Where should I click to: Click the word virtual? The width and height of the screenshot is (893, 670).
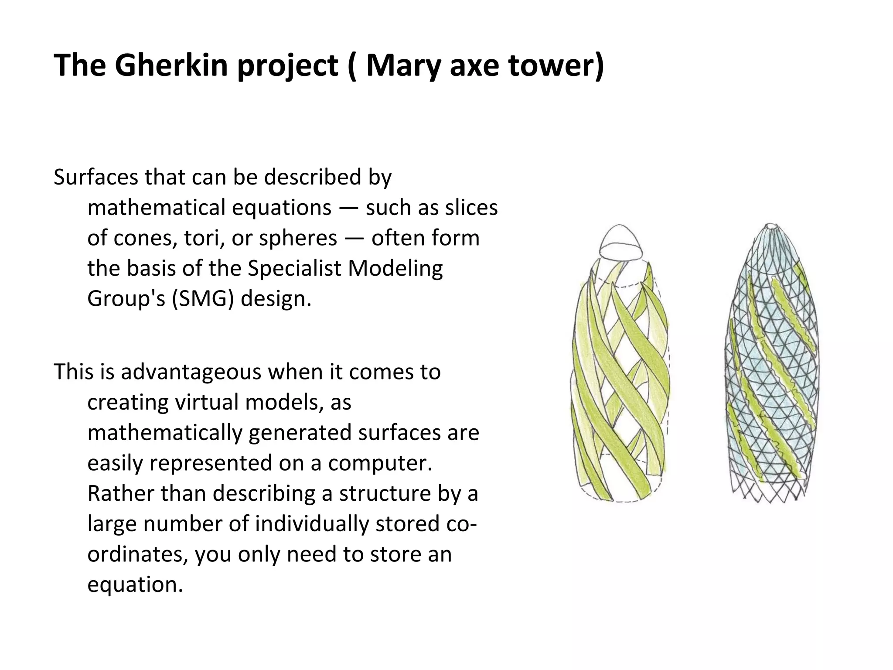click(x=206, y=402)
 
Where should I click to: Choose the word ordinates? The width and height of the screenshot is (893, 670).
click(x=138, y=554)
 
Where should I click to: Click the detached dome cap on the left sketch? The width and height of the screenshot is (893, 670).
click(x=620, y=243)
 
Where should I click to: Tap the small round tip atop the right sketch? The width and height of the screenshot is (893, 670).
click(x=771, y=226)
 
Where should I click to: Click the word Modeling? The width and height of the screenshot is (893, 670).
click(x=395, y=268)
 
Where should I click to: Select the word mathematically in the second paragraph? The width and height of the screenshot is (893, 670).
click(x=165, y=433)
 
